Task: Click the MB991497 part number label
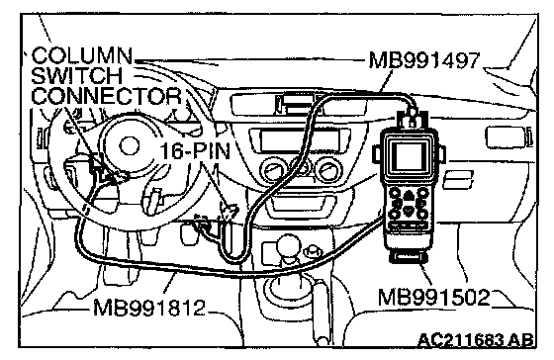(x=424, y=60)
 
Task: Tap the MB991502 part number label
(x=434, y=297)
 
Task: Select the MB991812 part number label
(x=149, y=308)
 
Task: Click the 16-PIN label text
(x=195, y=151)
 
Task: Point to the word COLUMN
(x=82, y=55)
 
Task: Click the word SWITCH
(x=77, y=75)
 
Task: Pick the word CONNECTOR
(x=107, y=95)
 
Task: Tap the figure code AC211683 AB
(x=475, y=340)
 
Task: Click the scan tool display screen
(x=410, y=157)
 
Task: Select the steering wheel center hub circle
(x=130, y=146)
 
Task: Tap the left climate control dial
(x=271, y=170)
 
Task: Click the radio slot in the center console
(x=301, y=140)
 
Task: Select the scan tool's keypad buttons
(x=409, y=204)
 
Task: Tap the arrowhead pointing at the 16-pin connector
(x=228, y=212)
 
